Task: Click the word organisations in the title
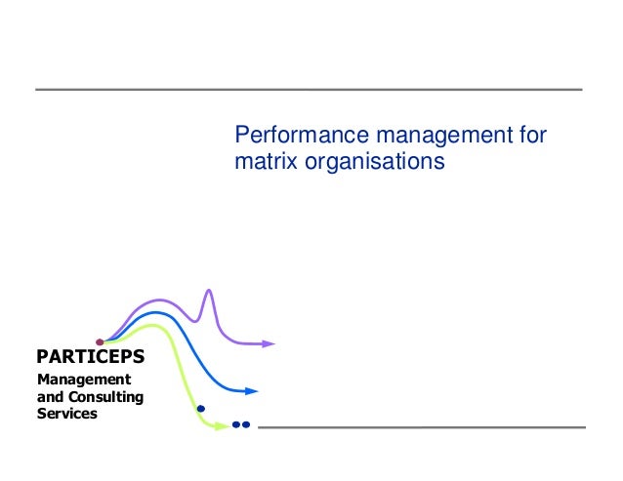tap(374, 160)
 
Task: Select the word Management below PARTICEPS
tap(83, 380)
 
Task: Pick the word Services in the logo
tap(66, 414)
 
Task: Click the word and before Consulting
tap(49, 397)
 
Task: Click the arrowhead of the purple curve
tap(270, 343)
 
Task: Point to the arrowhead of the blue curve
tap(252, 391)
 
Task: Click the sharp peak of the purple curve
tap(208, 290)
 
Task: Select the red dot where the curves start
tap(100, 341)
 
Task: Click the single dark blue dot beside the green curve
tap(201, 409)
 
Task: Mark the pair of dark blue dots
tap(242, 425)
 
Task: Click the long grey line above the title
tap(309, 90)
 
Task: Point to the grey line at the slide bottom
tap(421, 426)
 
